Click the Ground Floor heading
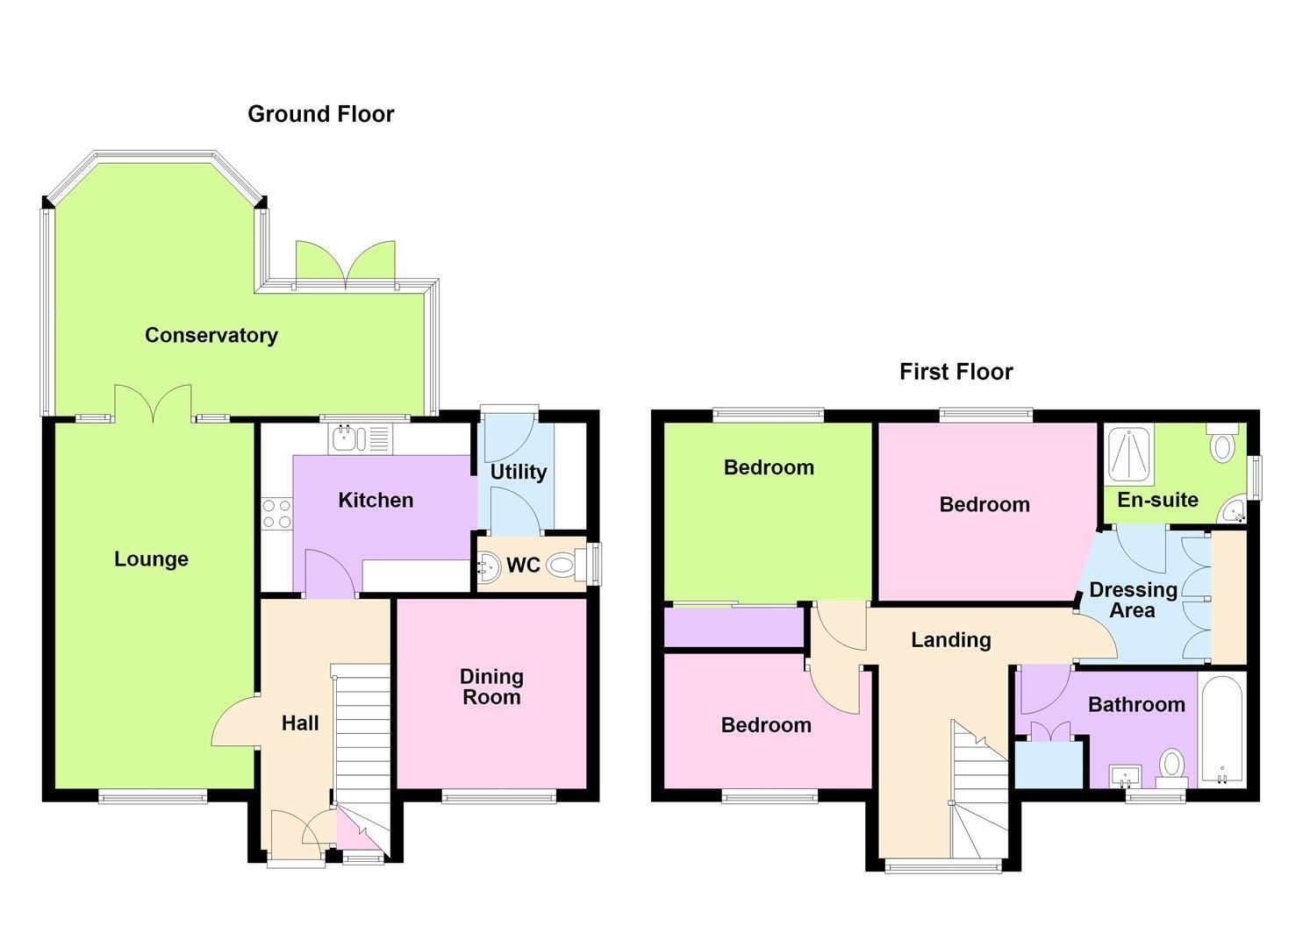[320, 114]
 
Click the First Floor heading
[956, 372]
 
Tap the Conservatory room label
[211, 335]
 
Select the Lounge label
[151, 559]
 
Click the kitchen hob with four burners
[277, 513]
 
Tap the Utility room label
[519, 472]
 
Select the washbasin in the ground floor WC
[489, 565]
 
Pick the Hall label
[300, 723]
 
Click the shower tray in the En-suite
[1129, 455]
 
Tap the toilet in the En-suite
[1223, 443]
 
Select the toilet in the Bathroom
[1172, 768]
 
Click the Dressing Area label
[1133, 600]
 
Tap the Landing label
[951, 639]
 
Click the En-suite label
[1157, 500]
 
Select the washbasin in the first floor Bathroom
[1126, 776]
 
